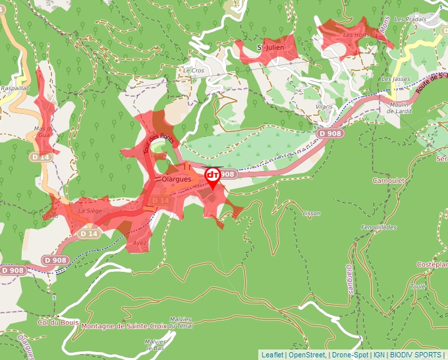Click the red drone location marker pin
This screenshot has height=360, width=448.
coord(213,177)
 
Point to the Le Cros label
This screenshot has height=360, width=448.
coord(194,70)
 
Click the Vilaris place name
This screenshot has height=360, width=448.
coord(324,106)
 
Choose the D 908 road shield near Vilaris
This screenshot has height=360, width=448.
coord(331,134)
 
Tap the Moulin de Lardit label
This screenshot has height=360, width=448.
coord(400,108)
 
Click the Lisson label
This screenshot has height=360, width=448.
coord(311,213)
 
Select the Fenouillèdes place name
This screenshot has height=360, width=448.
coord(379,226)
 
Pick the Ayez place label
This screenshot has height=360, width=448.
coord(139,243)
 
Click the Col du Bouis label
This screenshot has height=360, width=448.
coord(59,322)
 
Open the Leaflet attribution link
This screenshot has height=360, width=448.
coord(272,355)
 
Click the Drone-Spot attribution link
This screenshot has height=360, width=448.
coord(350,355)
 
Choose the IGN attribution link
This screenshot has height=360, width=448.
coord(379,355)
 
